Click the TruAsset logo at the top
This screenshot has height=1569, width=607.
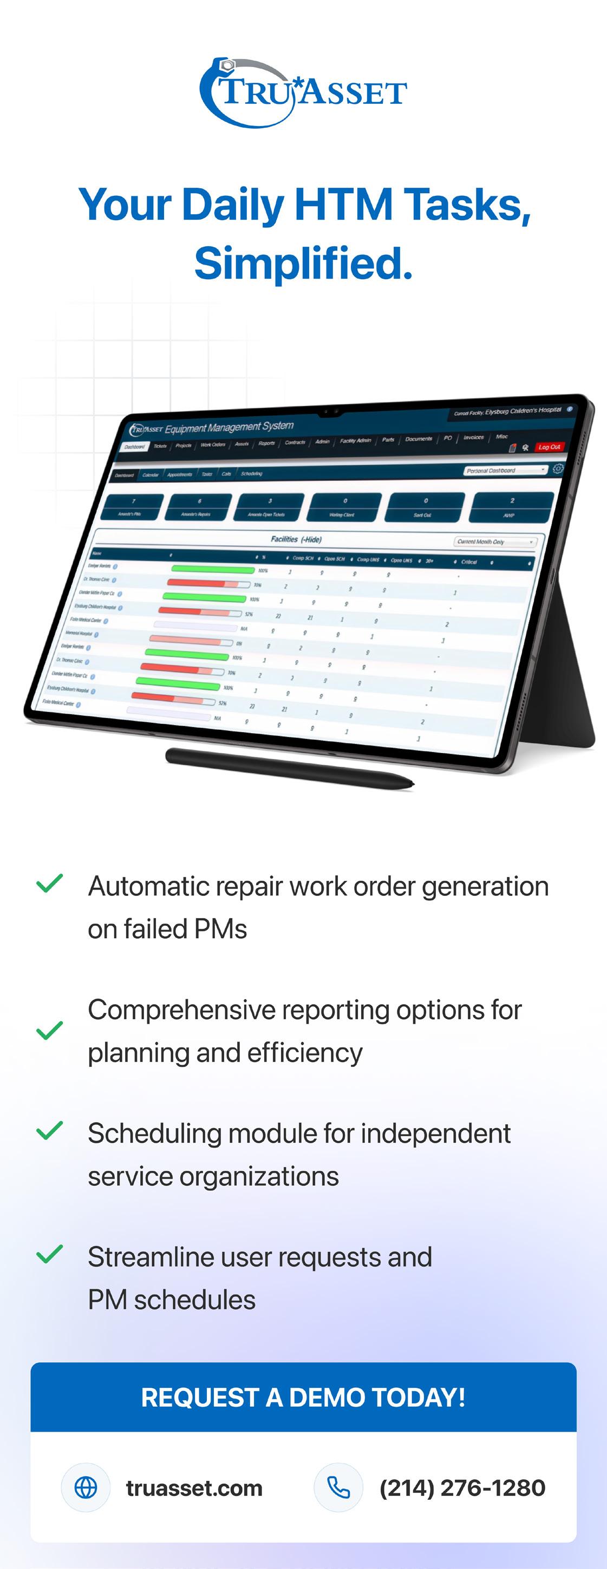pos(303,93)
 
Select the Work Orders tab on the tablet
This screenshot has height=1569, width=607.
pos(213,445)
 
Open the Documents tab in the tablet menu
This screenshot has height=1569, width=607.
pos(418,439)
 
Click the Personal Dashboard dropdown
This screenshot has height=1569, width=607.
pos(505,470)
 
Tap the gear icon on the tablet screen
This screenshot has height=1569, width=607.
pos(558,469)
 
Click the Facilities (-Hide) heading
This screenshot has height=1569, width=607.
pos(296,539)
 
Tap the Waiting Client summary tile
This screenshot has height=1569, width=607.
pos(344,507)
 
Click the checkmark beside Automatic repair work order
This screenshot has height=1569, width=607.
pos(50,883)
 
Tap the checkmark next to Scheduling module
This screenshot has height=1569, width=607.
pos(50,1130)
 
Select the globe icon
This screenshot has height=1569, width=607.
pos(86,1487)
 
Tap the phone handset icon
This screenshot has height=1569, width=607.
pos(338,1487)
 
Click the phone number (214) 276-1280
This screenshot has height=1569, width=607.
pos(462,1487)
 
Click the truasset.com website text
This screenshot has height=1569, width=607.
pos(194,1487)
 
